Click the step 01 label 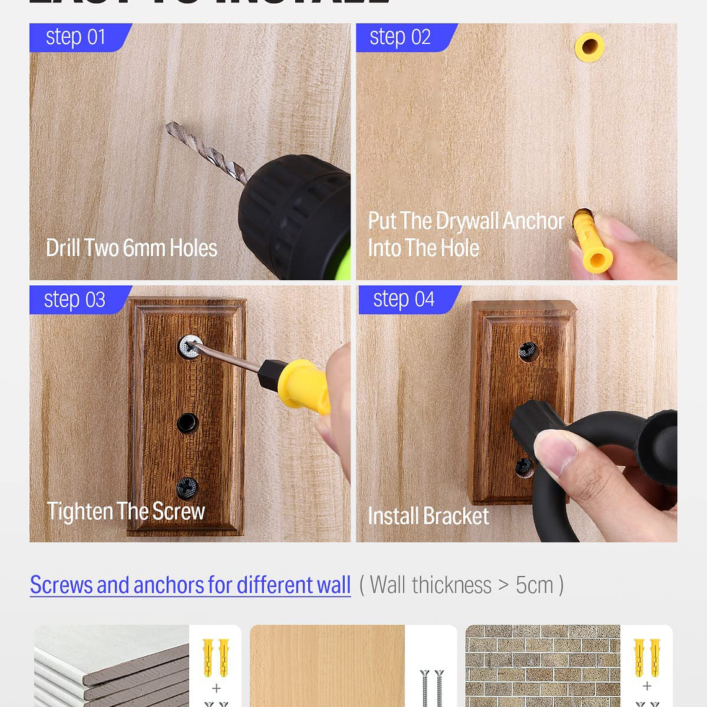coord(76,37)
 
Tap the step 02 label coord(400,37)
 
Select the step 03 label coord(74,300)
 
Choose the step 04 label coord(404,299)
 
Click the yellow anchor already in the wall coord(589,47)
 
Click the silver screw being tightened coord(190,347)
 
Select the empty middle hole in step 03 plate coord(187,423)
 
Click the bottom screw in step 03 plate coord(187,488)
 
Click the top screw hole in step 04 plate coord(528,352)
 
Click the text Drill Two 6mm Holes coord(131,248)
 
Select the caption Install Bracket coord(428,516)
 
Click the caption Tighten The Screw coord(126,512)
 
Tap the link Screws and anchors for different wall coord(190,585)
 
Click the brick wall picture coord(543,666)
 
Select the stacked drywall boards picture coord(112,666)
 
